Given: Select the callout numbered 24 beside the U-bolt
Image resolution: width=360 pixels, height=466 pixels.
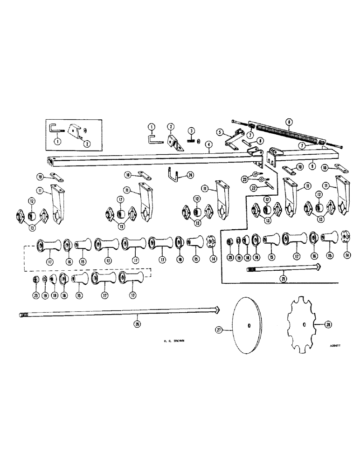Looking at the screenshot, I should click(189, 176).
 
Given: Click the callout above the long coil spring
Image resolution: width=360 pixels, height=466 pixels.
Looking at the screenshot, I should click(290, 123).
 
